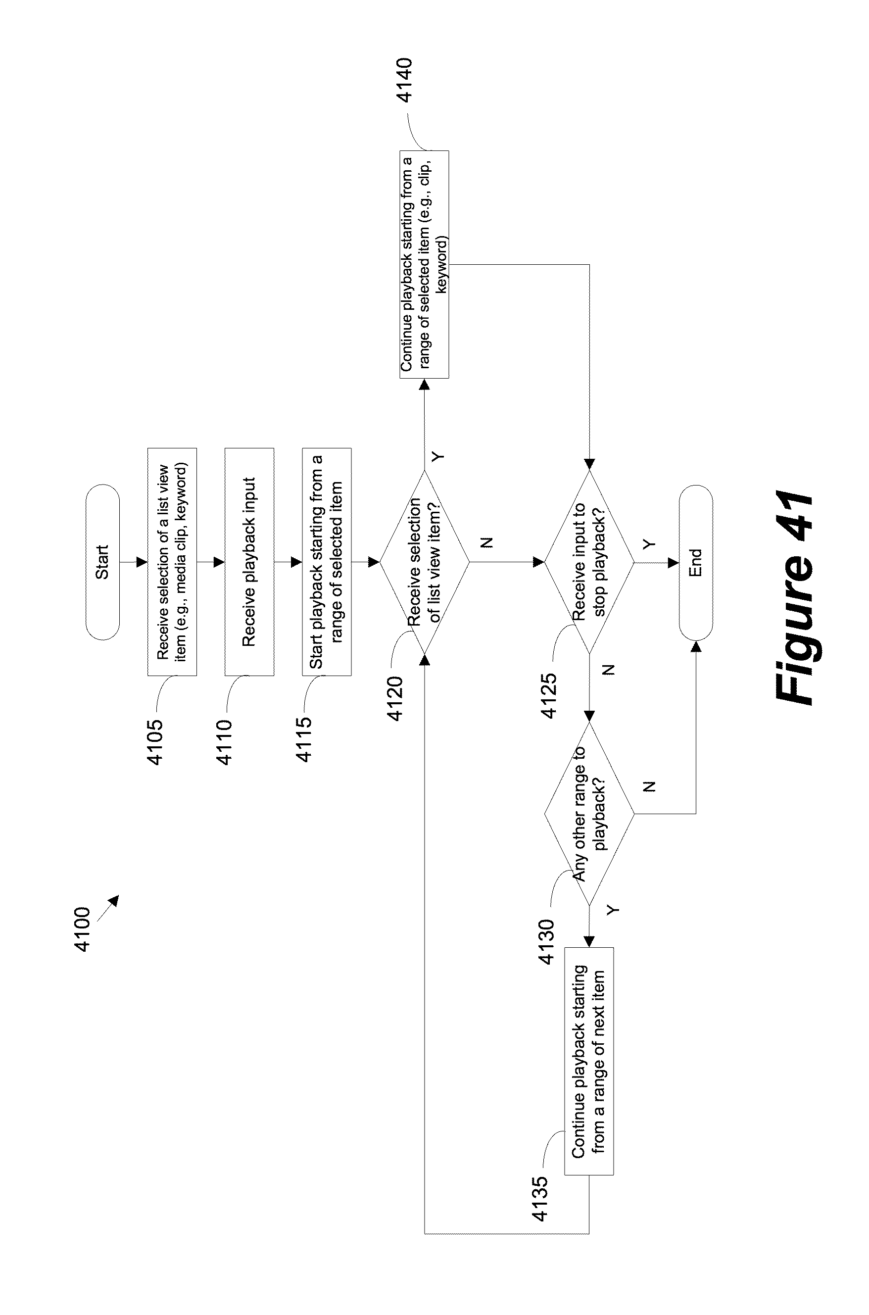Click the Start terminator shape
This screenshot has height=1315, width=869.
[102, 562]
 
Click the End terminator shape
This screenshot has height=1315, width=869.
[695, 562]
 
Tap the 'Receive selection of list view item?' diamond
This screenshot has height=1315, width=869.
[425, 562]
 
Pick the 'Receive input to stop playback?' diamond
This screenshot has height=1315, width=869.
[588, 562]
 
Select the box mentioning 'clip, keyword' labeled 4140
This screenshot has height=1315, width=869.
[425, 264]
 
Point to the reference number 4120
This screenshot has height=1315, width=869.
[396, 698]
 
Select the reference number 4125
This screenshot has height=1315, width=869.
[549, 695]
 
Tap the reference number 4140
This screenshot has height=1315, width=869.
[405, 80]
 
